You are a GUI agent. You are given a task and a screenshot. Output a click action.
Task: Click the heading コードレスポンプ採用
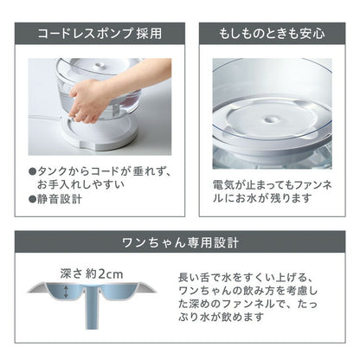[96, 35]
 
